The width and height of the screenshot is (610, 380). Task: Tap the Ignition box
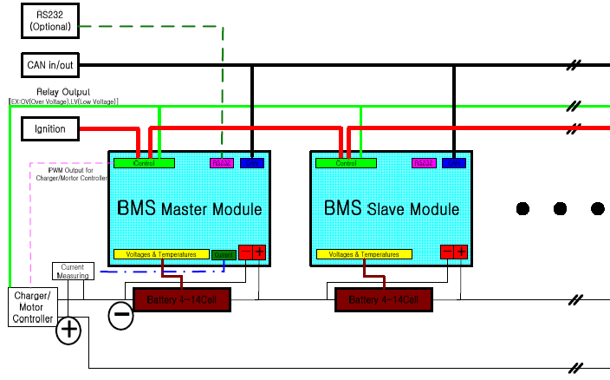point(49,129)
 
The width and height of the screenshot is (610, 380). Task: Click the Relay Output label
point(62,92)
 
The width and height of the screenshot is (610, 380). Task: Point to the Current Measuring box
point(73,272)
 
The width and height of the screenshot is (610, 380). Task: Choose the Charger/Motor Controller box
point(31,307)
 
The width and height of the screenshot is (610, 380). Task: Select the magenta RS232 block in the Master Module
point(222,163)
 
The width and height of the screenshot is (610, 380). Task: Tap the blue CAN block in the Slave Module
point(452,163)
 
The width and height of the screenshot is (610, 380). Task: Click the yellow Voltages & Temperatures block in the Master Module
point(161,255)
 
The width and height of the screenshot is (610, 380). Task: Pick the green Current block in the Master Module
point(224,255)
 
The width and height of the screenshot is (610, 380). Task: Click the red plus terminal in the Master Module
point(259,252)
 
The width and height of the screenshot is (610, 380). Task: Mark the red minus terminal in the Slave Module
point(446,252)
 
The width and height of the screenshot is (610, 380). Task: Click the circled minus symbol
point(121,316)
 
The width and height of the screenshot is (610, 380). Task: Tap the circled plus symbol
point(68,330)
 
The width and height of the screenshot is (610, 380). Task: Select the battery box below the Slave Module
point(383,300)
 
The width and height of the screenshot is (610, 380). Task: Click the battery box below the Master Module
point(180,300)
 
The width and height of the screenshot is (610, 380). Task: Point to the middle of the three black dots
point(560,209)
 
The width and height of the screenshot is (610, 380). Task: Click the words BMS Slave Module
point(392,209)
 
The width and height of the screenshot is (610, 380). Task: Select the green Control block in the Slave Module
point(347,163)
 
